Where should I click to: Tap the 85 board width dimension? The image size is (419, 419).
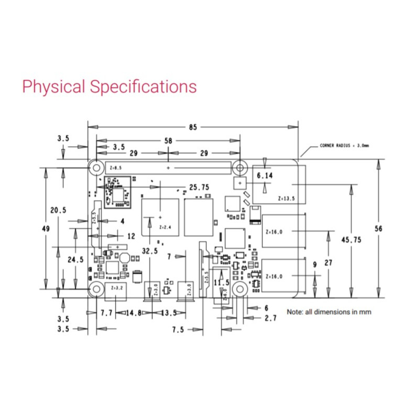click(193, 127)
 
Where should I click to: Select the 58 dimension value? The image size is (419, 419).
click(168, 140)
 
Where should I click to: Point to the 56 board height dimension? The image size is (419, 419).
click(387, 228)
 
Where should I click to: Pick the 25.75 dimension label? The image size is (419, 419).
click(199, 186)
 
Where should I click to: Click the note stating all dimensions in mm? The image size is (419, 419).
click(328, 312)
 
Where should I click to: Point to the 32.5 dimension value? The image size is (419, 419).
click(149, 251)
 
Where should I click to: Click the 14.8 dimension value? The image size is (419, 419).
click(134, 313)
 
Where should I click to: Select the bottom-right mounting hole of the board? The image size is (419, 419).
click(240, 289)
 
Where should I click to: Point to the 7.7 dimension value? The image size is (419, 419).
click(107, 313)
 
